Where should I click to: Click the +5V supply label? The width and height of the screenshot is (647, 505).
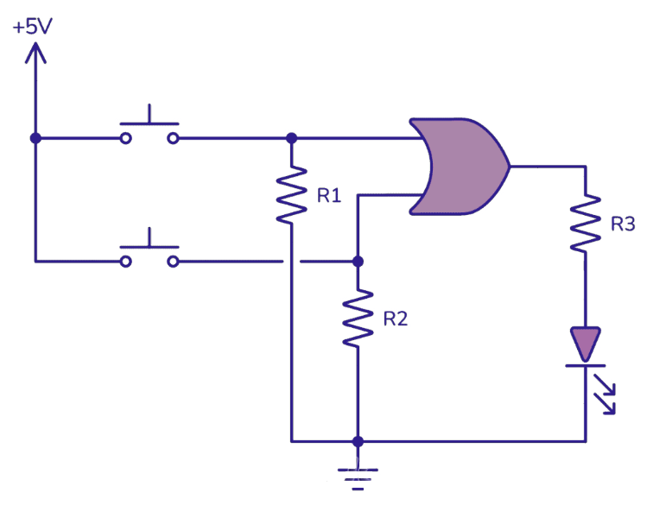click(x=33, y=26)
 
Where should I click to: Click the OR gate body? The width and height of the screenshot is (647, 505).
click(x=458, y=166)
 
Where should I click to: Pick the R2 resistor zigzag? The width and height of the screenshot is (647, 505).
click(x=358, y=319)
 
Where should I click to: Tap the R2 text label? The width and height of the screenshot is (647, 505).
click(x=396, y=319)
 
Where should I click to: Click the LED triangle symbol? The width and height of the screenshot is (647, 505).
click(x=585, y=344)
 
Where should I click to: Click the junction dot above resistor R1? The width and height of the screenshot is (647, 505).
click(x=291, y=138)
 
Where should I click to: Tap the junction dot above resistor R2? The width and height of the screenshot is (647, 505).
click(x=358, y=261)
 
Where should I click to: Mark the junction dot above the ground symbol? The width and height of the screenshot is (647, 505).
click(x=358, y=441)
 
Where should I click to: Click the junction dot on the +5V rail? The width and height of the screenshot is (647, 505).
click(x=35, y=138)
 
